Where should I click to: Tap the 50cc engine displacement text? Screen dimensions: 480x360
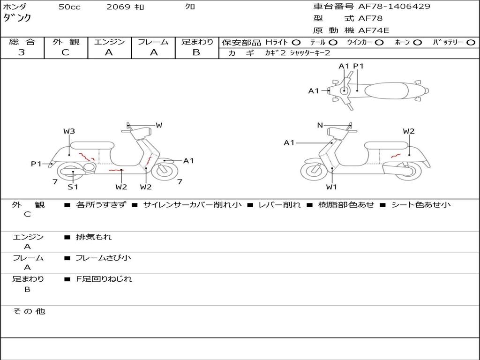coord(69,7)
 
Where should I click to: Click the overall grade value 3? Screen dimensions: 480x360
coord(22,52)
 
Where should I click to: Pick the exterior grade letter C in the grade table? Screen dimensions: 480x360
coord(65,52)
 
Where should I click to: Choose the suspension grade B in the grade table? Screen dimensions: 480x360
coord(196,52)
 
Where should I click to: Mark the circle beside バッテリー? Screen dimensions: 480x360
coord(471,43)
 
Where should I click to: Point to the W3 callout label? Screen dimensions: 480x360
coord(69,131)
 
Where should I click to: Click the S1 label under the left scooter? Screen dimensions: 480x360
coord(73,187)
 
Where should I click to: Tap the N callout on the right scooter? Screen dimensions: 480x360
coord(320,125)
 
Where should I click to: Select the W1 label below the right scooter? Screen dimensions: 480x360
coord(331,187)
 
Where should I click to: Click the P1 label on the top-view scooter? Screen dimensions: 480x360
coord(358,66)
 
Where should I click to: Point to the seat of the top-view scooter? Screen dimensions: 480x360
coord(387,90)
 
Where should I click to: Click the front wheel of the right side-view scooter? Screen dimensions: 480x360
coord(314,171)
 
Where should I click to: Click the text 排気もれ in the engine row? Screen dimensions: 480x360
coord(94,237)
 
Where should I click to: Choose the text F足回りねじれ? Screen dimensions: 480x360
coord(104,279)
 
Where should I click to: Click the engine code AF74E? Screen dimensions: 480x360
coord(374,30)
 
